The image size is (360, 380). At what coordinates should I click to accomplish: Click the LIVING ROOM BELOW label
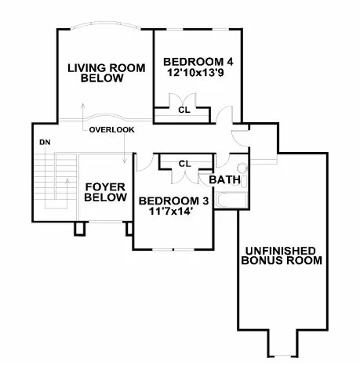(x=106, y=73)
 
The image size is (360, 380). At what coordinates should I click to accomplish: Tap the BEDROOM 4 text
(x=198, y=62)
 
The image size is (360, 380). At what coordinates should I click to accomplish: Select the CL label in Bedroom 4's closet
(x=184, y=110)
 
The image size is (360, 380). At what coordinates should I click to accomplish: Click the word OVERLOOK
(x=111, y=128)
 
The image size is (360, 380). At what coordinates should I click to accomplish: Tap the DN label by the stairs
(x=45, y=143)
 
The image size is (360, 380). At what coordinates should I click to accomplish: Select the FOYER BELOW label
(x=105, y=192)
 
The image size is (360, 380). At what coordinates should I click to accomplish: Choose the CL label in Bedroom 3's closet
(x=184, y=163)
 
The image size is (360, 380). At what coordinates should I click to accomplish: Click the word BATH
(x=224, y=179)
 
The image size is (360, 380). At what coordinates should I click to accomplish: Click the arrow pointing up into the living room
(x=82, y=108)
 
